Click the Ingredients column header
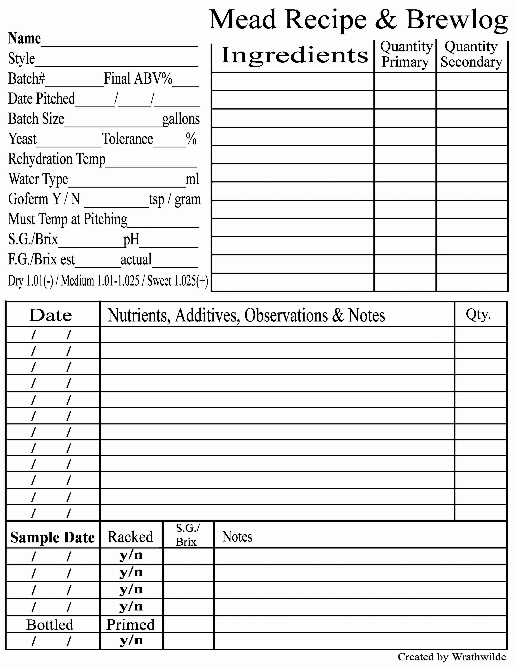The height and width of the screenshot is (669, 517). [294, 55]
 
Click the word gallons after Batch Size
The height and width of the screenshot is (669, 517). [181, 119]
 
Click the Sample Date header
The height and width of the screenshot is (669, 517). [52, 537]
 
